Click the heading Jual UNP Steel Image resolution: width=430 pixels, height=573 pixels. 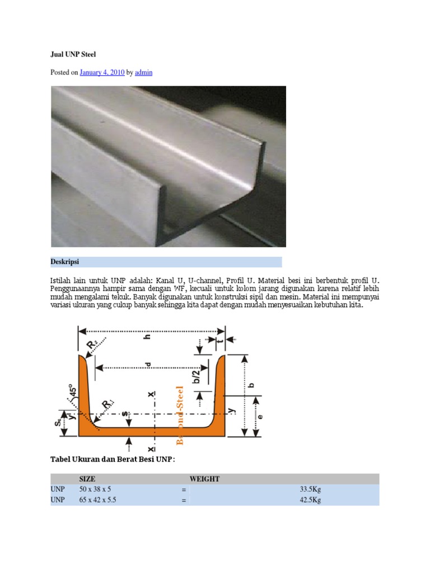click(x=73, y=54)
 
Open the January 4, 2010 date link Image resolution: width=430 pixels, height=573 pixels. click(x=102, y=72)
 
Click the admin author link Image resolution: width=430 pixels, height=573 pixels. click(x=144, y=72)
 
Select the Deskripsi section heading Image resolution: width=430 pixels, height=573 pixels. click(x=65, y=262)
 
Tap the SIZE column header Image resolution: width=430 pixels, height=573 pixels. click(x=87, y=479)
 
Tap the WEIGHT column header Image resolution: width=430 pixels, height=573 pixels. click(x=204, y=479)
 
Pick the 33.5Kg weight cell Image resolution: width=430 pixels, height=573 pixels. click(x=310, y=490)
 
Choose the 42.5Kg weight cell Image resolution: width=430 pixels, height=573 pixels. click(x=310, y=501)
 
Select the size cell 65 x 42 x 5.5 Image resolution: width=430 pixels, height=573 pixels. click(x=100, y=501)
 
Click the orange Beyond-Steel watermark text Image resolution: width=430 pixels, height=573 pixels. click(x=180, y=415)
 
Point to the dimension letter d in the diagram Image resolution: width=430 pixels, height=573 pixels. click(x=148, y=365)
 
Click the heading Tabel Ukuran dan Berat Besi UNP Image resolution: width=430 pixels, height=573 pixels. click(x=113, y=459)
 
